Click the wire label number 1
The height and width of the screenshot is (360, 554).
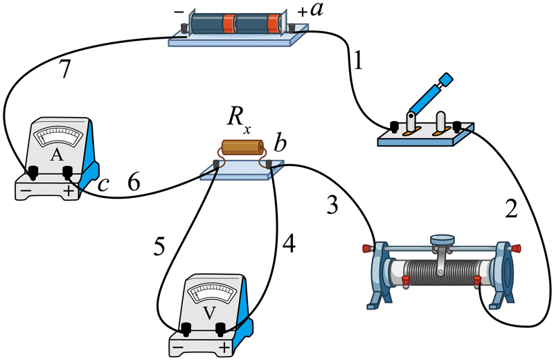click(357, 62)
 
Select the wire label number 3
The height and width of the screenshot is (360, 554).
click(332, 205)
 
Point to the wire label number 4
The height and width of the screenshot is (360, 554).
click(289, 243)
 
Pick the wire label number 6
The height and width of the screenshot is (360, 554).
click(136, 183)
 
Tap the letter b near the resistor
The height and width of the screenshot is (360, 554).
click(280, 145)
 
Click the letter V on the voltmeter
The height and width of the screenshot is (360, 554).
click(207, 312)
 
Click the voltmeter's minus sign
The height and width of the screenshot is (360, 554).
click(179, 346)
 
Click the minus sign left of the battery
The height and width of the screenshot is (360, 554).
click(179, 12)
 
